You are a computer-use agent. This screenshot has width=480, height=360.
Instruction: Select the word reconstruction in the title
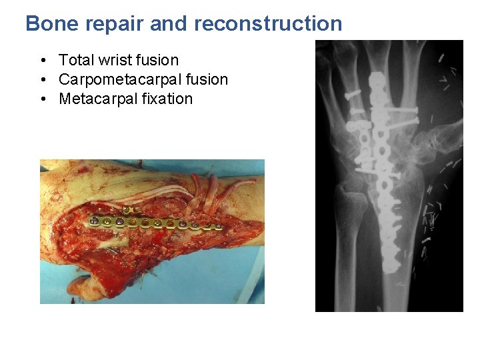click(x=268, y=24)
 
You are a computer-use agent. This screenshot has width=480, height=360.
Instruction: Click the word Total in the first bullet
click(x=76, y=61)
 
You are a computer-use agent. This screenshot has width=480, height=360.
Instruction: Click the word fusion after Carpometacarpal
click(x=207, y=80)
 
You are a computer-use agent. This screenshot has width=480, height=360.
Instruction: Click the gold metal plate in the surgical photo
click(x=160, y=223)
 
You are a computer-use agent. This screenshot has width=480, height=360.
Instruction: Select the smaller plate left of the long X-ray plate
click(x=364, y=140)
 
